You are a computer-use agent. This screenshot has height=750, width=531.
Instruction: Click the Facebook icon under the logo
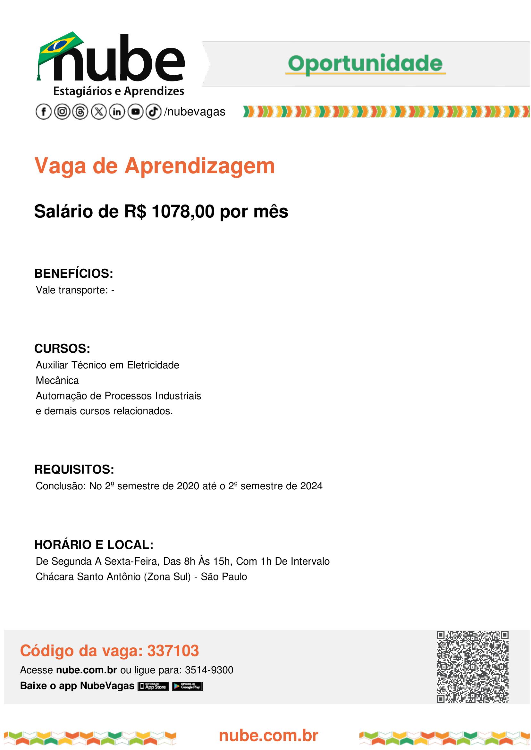(44, 112)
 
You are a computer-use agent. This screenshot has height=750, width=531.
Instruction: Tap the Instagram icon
(62, 112)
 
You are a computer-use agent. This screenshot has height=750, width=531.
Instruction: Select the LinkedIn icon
(117, 112)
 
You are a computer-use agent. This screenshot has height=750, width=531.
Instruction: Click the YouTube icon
(135, 112)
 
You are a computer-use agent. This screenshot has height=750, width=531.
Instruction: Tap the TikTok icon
(153, 112)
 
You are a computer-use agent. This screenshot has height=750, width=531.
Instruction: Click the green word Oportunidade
(365, 63)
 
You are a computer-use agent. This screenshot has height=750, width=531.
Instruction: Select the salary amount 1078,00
(183, 212)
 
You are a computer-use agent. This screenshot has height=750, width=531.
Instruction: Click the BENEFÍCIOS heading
(73, 273)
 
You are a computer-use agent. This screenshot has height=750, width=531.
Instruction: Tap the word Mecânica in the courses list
(57, 380)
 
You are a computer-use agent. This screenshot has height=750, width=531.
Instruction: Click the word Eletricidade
(153, 365)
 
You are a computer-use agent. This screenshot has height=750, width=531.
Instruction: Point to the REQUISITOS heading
(74, 469)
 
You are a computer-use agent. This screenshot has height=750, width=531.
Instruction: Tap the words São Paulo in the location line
(224, 577)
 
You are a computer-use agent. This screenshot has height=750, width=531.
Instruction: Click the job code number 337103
(173, 651)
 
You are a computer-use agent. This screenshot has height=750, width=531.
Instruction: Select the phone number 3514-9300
(209, 670)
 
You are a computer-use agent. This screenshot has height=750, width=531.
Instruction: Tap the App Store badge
(153, 686)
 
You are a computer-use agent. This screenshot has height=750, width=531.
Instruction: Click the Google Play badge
(187, 686)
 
